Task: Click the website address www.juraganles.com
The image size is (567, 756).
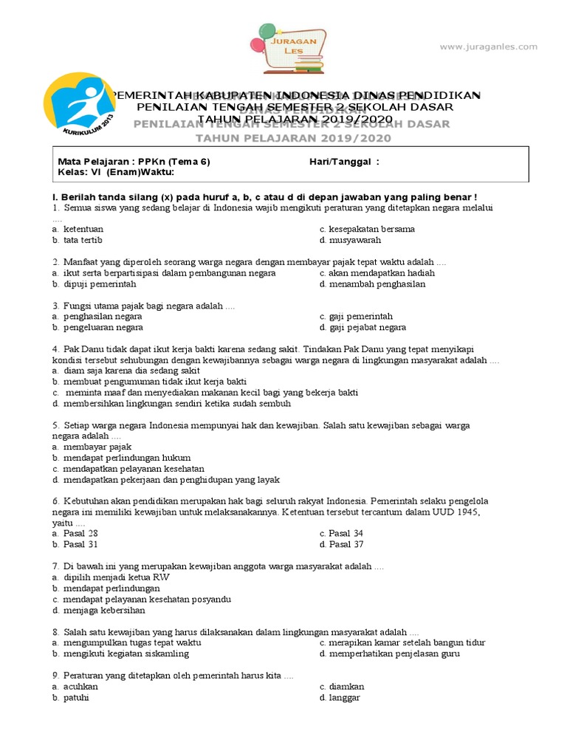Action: pyautogui.click(x=488, y=47)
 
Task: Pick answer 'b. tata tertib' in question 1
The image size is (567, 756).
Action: pyautogui.click(x=78, y=240)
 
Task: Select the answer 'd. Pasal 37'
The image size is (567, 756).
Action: pyautogui.click(x=342, y=544)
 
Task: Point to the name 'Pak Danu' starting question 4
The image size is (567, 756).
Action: pyautogui.click(x=83, y=349)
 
